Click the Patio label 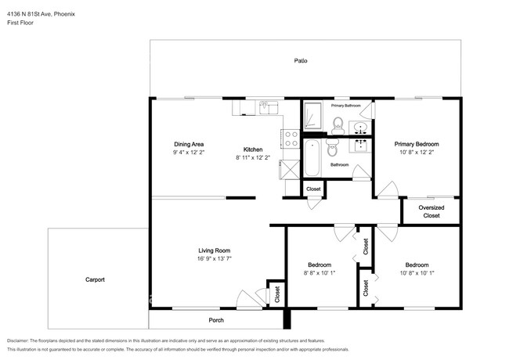pos(301,60)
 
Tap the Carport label pos(95,279)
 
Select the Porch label pos(216,320)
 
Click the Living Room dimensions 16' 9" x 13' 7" pos(215,258)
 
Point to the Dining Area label pos(189,144)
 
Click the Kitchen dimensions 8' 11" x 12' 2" pos(253,157)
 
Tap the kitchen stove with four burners pos(291,139)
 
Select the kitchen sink pos(269,107)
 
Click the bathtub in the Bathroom pos(312,158)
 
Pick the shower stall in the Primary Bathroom pos(313,115)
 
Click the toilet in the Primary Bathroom pos(338,126)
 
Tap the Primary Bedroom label pos(417,144)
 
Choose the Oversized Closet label pos(431,211)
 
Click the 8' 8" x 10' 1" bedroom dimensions pos(319,273)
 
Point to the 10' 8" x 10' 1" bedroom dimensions pos(417,273)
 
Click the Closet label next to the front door pos(277,294)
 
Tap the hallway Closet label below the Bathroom pos(313,189)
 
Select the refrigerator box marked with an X pos(290,169)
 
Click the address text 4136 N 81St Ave pos(28,14)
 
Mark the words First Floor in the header pos(20,23)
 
